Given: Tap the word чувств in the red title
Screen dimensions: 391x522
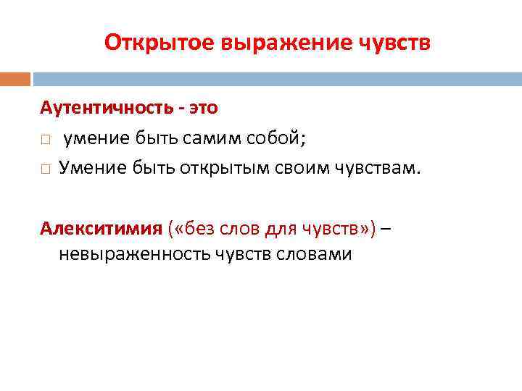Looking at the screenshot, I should point(394,43).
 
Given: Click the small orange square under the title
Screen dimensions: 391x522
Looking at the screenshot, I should point(15,78).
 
